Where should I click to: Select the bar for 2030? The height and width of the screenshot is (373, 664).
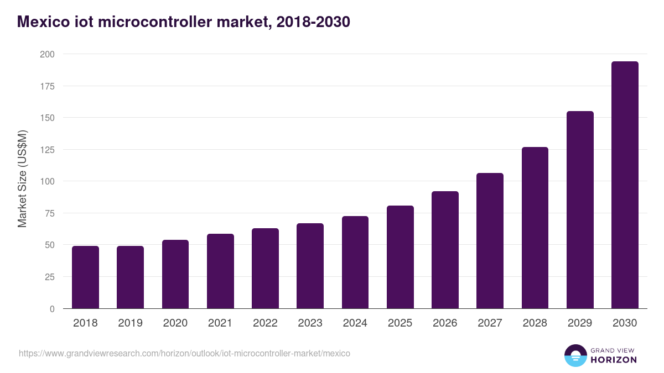(x=625, y=185)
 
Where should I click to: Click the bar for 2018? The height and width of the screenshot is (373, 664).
(x=85, y=277)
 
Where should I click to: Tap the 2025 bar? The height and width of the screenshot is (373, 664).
(x=400, y=257)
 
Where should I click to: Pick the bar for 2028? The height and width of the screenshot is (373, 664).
(x=535, y=228)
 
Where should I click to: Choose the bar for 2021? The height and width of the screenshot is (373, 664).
(x=220, y=271)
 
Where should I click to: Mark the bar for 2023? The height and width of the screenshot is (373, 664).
(x=310, y=266)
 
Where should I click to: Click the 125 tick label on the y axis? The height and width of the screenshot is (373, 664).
(x=47, y=150)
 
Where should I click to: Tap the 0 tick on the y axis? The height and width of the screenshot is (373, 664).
(x=52, y=309)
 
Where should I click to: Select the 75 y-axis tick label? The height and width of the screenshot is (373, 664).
(x=49, y=213)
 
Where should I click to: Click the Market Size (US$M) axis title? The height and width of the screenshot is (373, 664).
(x=22, y=178)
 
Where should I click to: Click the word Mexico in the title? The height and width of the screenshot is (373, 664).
(x=40, y=22)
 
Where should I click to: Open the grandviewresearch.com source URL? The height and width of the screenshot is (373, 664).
(x=184, y=353)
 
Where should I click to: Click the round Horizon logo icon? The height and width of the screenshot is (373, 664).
(x=575, y=356)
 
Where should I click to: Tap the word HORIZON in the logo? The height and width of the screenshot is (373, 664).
(x=614, y=360)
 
